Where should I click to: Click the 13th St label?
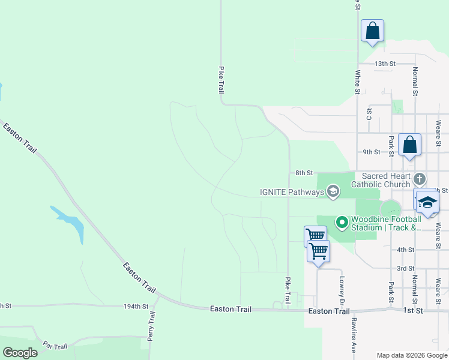(385, 63)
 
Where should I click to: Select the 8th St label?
(304, 173)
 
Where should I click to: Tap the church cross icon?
(420, 178)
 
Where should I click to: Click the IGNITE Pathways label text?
(291, 192)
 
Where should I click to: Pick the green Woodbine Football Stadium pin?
(342, 223)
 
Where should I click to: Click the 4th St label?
(406, 250)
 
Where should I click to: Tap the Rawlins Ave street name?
(354, 334)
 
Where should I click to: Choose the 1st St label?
(412, 311)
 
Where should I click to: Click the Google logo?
(20, 353)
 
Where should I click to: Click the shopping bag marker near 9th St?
(409, 145)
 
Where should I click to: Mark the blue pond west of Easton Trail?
(71, 222)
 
